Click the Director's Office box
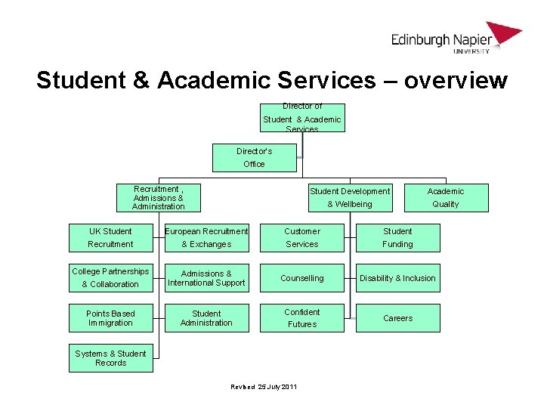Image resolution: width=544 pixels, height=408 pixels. click(x=254, y=157)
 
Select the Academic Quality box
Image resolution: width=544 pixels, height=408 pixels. click(x=446, y=197)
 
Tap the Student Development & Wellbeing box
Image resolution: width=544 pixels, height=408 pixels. click(x=349, y=197)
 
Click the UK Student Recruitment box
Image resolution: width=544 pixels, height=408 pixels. click(x=110, y=237)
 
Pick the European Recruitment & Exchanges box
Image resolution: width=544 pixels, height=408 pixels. click(x=206, y=237)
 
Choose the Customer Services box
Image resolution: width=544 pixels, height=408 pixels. click(x=302, y=237)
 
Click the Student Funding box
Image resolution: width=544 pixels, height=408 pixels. click(x=397, y=237)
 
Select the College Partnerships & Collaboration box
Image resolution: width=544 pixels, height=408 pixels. click(x=110, y=277)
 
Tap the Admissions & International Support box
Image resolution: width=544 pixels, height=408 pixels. click(x=206, y=277)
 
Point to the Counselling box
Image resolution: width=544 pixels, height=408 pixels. click(x=302, y=277)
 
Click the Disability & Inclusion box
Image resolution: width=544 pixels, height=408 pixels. click(x=397, y=277)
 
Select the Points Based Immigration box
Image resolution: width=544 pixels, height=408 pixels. click(x=110, y=317)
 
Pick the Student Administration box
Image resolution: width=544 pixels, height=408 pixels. click(x=206, y=317)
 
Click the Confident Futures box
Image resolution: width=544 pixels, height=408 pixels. click(x=302, y=317)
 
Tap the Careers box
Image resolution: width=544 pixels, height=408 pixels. click(x=397, y=317)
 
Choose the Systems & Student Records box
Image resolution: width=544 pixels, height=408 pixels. click(x=110, y=357)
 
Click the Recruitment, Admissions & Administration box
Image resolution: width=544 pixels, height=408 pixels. click(x=158, y=197)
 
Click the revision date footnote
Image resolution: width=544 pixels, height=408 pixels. click(x=264, y=387)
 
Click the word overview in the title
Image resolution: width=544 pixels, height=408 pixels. click(x=456, y=80)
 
